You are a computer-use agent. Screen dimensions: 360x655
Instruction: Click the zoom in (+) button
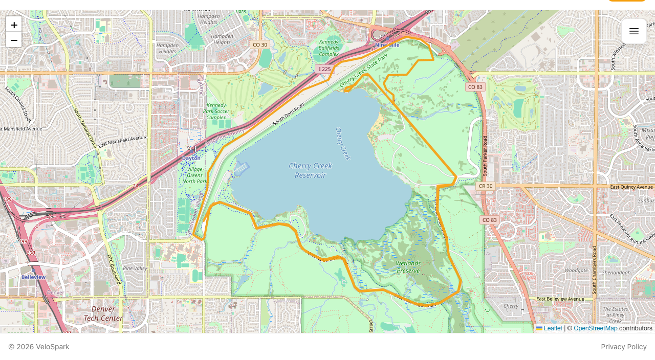click(14, 25)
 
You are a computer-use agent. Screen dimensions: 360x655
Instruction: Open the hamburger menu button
click(634, 31)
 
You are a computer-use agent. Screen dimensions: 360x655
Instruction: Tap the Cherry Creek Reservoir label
click(310, 170)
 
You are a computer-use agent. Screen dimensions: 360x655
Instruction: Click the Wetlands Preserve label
click(408, 267)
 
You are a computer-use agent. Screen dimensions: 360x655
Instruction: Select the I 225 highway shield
click(324, 69)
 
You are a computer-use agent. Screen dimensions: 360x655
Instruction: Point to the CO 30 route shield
click(260, 44)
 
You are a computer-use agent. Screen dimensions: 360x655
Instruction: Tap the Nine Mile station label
click(387, 45)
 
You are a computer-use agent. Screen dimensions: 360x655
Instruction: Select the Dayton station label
click(191, 158)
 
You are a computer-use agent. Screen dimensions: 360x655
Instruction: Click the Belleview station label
click(33, 277)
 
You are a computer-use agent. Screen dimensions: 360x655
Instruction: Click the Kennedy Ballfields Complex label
click(329, 48)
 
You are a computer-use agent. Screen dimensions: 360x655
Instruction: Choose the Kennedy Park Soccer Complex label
click(215, 110)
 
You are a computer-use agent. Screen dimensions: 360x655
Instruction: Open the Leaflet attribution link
click(553, 328)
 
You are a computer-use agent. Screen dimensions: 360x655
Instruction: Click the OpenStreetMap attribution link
click(595, 328)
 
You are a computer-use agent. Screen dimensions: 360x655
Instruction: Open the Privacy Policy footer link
click(624, 347)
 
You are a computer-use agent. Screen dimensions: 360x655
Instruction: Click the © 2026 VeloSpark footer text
click(39, 347)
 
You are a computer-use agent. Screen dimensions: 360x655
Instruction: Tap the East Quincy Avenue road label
click(631, 187)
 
